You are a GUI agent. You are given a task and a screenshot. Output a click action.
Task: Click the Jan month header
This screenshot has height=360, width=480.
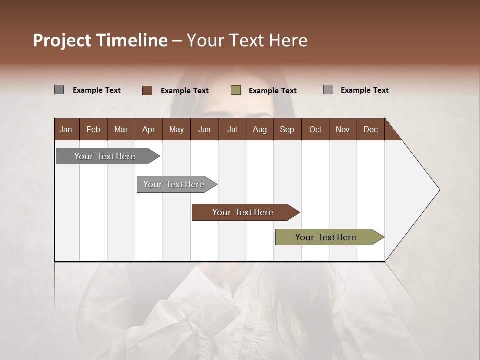(x=66, y=130)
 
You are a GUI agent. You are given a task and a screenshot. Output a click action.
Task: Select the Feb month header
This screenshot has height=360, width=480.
(x=93, y=130)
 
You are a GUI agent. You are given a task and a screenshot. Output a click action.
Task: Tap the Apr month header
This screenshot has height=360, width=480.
(x=148, y=130)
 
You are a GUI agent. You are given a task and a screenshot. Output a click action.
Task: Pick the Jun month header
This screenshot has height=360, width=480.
(x=204, y=130)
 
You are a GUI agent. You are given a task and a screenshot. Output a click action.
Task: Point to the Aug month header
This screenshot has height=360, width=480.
(x=259, y=130)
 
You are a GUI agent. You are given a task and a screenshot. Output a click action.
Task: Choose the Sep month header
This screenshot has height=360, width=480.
(x=287, y=130)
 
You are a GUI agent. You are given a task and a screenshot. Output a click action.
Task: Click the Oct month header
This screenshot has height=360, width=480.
(x=315, y=130)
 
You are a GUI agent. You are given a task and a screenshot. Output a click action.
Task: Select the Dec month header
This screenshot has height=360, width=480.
(x=370, y=130)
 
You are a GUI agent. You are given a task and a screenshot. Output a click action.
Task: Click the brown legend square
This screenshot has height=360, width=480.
(x=147, y=90)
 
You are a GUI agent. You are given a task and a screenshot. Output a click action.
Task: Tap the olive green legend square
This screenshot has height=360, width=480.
(x=236, y=90)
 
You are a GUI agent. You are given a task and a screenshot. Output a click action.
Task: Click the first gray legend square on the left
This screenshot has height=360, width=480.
(x=59, y=90)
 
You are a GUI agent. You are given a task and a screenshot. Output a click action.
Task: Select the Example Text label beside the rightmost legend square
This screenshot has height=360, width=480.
(x=364, y=90)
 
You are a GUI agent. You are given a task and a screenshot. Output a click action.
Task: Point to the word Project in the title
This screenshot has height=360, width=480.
(x=62, y=40)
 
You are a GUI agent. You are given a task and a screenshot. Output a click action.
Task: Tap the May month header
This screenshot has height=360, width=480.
(x=176, y=130)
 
